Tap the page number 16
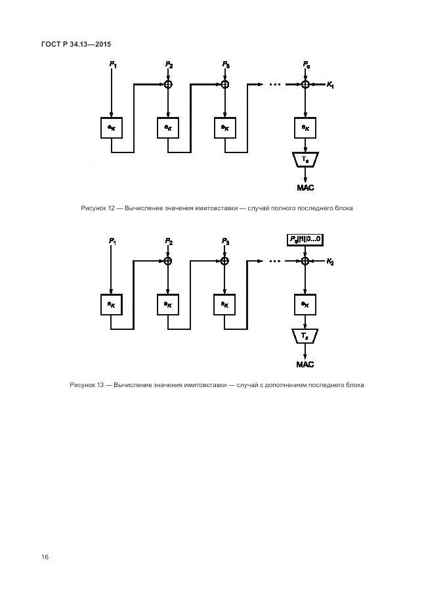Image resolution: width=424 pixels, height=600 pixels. tap(45, 557)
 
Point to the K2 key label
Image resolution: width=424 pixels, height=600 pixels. tap(329, 261)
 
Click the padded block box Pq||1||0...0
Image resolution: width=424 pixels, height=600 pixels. tap(305, 239)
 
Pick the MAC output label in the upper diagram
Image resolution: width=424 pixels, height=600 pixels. tap(305, 188)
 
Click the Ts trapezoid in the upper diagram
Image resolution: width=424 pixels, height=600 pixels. tap(305, 160)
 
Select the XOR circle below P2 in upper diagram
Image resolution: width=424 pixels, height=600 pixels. tap(168, 84)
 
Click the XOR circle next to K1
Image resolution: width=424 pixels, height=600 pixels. tap(305, 84)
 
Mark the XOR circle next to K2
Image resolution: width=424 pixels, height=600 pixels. tap(305, 261)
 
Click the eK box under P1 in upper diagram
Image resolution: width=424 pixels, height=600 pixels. tap(112, 127)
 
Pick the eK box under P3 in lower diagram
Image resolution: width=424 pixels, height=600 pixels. tap(225, 304)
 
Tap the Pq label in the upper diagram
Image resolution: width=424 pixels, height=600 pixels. tap(305, 64)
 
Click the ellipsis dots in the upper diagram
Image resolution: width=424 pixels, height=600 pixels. tap(275, 85)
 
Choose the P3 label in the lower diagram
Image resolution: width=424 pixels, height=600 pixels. tap(225, 241)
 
